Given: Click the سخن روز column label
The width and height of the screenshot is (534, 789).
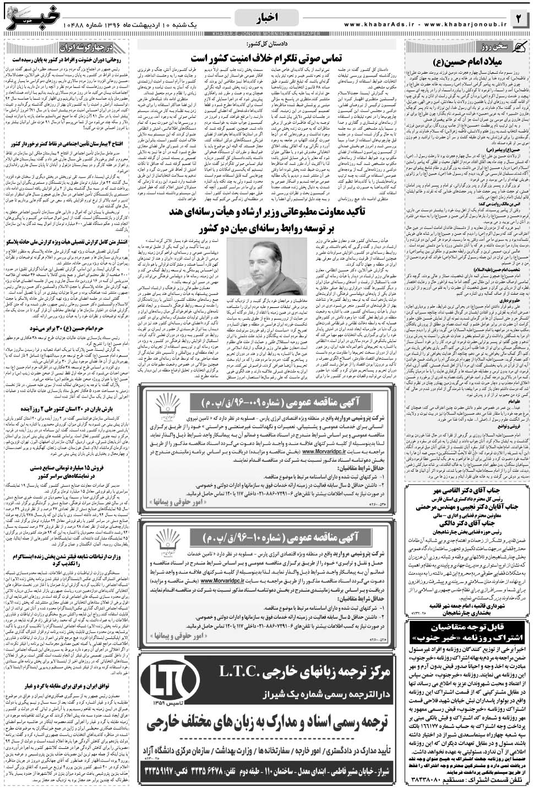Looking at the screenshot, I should pyautogui.click(x=443, y=47).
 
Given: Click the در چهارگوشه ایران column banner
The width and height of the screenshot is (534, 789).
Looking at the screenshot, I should pyautogui.click(x=91, y=46).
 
